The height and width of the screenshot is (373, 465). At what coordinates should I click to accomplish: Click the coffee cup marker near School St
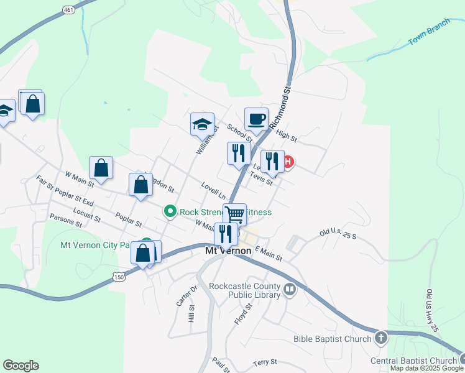click(x=256, y=118)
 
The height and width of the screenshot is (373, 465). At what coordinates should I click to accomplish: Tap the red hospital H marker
click(x=288, y=163)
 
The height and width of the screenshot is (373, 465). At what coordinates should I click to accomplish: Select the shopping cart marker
click(x=235, y=214)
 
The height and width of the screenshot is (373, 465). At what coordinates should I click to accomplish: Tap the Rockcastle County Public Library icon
click(x=289, y=289)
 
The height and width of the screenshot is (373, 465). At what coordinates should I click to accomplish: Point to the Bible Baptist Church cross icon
click(x=380, y=339)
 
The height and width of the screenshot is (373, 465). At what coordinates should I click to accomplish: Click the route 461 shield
click(x=69, y=9)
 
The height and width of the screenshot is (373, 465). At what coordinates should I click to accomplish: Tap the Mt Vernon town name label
click(x=228, y=251)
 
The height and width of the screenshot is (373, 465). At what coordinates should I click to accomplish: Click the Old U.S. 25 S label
click(x=338, y=235)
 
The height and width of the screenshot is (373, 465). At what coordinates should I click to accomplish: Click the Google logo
click(x=21, y=366)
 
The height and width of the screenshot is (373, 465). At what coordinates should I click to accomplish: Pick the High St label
click(x=287, y=135)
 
